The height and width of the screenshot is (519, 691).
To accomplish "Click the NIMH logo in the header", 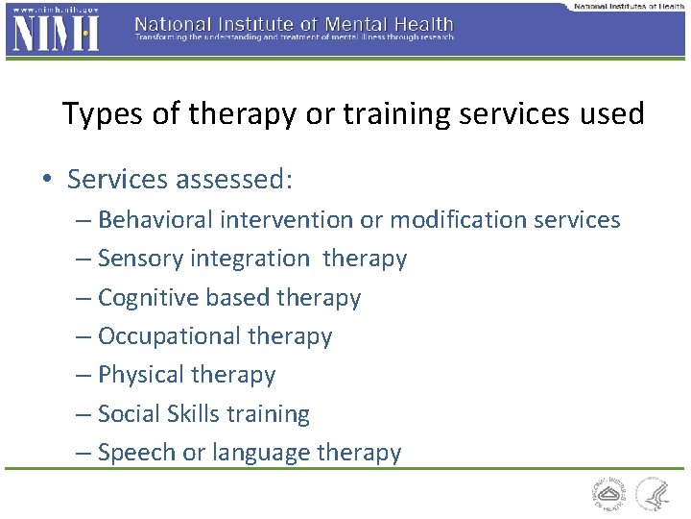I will pos(54,34).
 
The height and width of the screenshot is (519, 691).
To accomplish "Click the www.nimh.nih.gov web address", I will pos(52,9).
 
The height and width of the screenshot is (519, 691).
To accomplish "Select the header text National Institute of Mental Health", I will pos(294,23).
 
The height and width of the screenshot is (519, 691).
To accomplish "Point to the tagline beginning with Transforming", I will pos(294,38).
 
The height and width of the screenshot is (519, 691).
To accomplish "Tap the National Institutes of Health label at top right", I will pos(629,6).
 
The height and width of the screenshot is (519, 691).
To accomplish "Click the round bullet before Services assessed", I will pos(48,181).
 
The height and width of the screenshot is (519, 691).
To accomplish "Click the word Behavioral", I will pos(155,220).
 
